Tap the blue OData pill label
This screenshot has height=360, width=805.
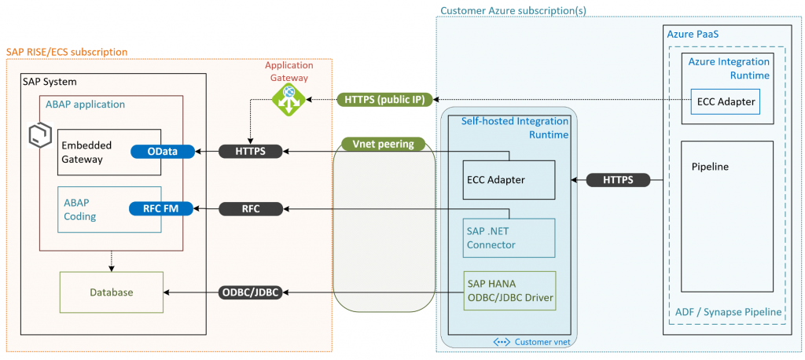163,152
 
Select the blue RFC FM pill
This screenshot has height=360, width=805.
161,208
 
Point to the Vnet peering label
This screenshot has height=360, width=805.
383,144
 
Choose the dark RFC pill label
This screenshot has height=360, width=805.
251,208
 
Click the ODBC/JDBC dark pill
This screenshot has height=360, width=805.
251,292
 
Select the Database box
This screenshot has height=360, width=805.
112,292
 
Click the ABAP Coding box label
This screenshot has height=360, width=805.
79,209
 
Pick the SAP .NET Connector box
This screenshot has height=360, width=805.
509,238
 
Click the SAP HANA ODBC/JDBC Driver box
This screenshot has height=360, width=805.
509,291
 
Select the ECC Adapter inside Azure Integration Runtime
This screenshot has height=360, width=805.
726,101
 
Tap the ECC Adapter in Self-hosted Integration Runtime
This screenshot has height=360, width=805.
509,180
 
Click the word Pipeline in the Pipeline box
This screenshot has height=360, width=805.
710,167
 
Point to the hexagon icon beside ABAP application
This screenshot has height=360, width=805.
39,135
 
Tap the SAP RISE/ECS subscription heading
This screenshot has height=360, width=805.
67,52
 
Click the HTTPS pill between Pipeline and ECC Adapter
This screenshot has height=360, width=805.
618,180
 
